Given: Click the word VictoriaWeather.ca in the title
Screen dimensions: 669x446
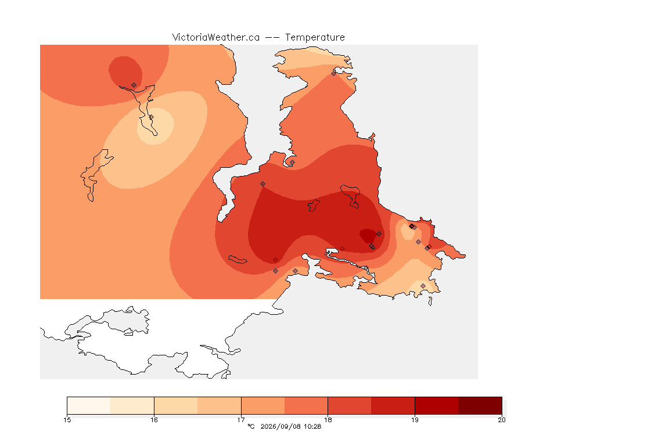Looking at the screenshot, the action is tap(216, 38).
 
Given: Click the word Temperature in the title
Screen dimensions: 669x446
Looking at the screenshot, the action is tap(315, 38).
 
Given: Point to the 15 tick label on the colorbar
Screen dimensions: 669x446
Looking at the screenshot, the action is tap(67, 420).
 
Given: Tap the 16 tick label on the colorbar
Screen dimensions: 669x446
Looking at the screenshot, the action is tap(154, 420).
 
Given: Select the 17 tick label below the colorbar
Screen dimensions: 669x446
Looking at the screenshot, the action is tap(241, 420).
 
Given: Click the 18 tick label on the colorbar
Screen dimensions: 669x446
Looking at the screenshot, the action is tap(328, 420).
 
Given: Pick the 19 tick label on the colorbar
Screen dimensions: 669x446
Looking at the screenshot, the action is tap(415, 420).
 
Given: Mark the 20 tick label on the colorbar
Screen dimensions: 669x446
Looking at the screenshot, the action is tap(502, 420).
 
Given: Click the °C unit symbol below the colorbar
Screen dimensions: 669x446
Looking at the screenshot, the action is tap(251, 426).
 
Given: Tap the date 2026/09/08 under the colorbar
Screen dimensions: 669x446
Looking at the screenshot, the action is tap(279, 426).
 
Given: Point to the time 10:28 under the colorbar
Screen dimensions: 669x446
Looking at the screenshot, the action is tap(313, 426).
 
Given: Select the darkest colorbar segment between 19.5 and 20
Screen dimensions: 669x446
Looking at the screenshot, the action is tap(480, 405).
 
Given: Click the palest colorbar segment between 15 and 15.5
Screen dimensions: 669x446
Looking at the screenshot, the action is tap(89, 405).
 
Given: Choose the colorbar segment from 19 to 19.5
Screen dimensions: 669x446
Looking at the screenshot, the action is tap(437, 405).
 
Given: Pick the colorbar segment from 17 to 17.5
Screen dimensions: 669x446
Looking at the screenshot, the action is tap(263, 405).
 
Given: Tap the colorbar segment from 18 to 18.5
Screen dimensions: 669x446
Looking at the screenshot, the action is tap(350, 405).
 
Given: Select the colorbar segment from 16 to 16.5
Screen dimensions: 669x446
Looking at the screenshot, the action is tap(176, 405).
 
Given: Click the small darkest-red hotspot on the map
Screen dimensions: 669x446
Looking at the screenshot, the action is tap(368, 236).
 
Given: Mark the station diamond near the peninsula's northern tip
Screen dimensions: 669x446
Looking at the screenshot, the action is tap(334, 73).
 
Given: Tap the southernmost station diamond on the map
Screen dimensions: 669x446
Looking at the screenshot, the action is tap(423, 286).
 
